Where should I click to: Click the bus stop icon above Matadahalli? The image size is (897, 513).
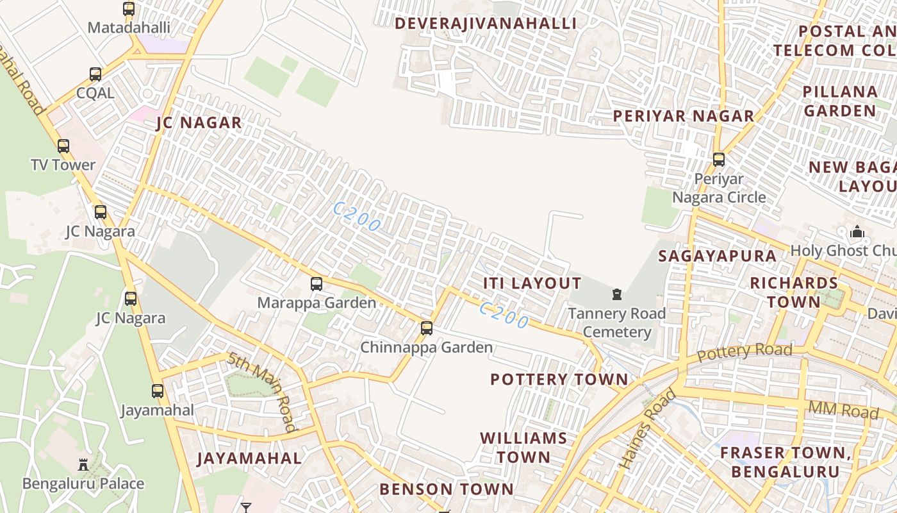click(129, 9)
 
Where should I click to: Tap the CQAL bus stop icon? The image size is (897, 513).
click(95, 74)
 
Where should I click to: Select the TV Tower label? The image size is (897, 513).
click(63, 165)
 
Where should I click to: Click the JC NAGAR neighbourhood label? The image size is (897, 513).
click(199, 122)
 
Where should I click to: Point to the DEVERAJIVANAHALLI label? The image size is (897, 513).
click(486, 24)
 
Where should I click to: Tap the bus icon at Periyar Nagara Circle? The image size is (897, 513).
click(719, 159)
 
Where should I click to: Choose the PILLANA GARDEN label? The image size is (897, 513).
click(840, 101)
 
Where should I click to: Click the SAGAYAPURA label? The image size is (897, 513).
click(718, 256)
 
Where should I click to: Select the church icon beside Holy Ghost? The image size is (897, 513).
click(857, 231)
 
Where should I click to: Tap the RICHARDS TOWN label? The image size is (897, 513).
click(794, 292)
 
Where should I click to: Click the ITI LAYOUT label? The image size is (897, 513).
click(532, 283)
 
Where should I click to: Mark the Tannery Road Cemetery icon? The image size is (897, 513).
click(616, 294)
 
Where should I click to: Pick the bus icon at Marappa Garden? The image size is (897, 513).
click(317, 283)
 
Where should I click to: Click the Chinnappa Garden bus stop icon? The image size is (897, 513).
click(427, 328)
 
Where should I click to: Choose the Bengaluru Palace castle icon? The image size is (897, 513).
click(83, 464)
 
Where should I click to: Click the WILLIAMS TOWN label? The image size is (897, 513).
click(524, 448)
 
